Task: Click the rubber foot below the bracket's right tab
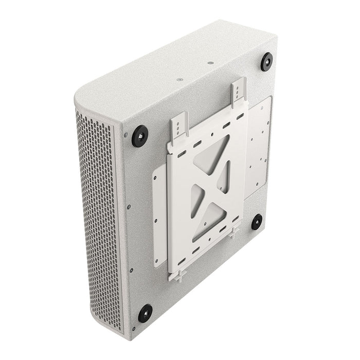[257, 222]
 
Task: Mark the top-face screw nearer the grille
[179, 80]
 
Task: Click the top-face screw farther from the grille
[210, 64]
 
